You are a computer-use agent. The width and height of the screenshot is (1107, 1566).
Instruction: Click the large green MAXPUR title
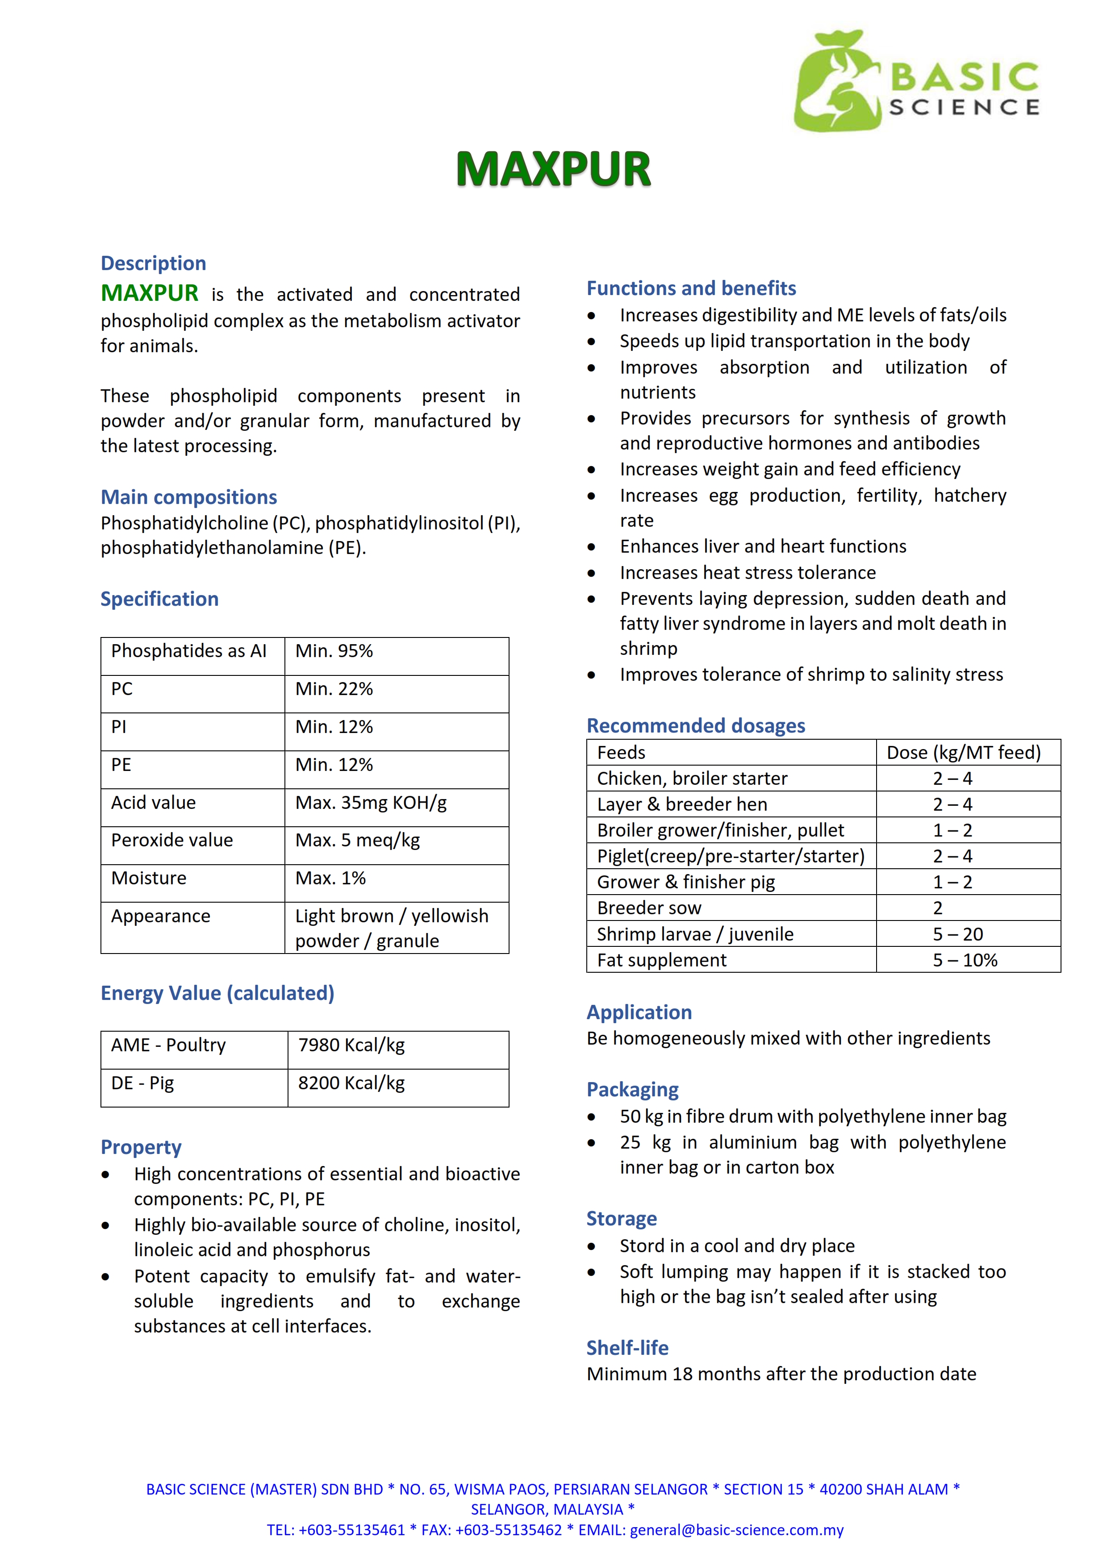point(553,169)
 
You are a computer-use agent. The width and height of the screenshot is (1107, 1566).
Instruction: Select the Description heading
point(154,263)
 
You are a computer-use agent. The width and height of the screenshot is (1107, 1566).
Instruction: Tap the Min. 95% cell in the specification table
point(334,651)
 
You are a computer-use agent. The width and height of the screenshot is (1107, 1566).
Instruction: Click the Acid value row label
point(154,803)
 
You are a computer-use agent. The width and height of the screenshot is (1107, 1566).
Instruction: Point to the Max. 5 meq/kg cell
point(357,840)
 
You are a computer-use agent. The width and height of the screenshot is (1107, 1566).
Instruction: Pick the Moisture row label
point(149,879)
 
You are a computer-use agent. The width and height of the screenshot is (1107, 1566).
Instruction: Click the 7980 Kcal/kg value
point(351,1045)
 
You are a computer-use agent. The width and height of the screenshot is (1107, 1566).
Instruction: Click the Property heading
point(141,1147)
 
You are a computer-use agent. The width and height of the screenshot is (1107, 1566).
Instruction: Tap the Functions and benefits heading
point(691,288)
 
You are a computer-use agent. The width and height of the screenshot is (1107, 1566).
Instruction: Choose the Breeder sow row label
point(649,908)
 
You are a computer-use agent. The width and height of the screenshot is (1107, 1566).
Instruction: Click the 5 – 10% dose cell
point(965,960)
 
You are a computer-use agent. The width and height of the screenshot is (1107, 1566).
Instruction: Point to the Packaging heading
point(632,1090)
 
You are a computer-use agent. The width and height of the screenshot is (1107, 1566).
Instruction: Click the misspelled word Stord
point(640,1246)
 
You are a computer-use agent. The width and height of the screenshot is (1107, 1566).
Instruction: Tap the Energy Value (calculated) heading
point(217,993)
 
